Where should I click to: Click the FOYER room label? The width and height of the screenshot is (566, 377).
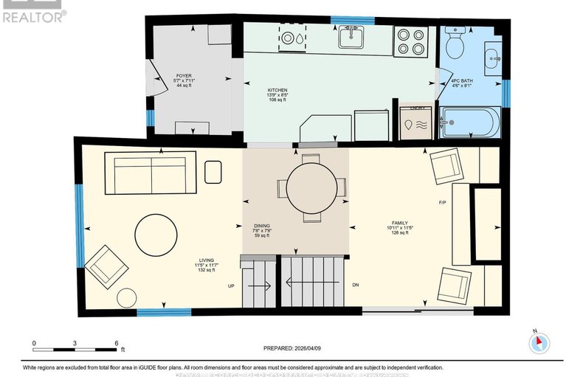(x=183, y=80)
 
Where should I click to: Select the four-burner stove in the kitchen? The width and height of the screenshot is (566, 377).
(x=410, y=41)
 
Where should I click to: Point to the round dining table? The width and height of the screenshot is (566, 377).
(x=311, y=188)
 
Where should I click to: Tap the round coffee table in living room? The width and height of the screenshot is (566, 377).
(x=156, y=235)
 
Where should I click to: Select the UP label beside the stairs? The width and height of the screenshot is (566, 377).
(x=231, y=285)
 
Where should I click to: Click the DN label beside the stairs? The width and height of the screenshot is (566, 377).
(x=356, y=285)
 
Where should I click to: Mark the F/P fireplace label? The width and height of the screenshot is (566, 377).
(x=443, y=202)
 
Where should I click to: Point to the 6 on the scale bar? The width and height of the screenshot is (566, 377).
(x=117, y=343)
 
